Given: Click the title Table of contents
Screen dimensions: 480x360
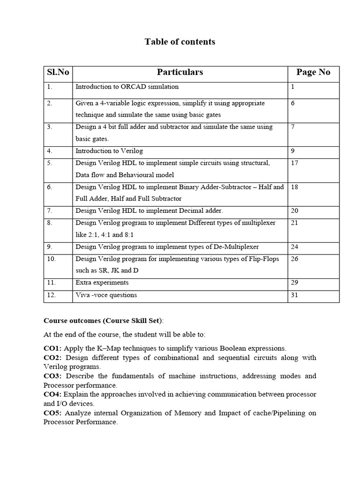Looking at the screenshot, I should click(x=180, y=42).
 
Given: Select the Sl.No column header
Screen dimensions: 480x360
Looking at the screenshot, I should click(x=58, y=72).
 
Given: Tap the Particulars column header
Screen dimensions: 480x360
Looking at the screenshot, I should click(x=180, y=72).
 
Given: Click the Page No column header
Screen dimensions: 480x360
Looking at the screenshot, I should click(x=313, y=72).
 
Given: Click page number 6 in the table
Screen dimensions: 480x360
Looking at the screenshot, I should click(x=293, y=103).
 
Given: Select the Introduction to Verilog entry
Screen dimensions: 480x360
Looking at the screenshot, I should click(x=109, y=151).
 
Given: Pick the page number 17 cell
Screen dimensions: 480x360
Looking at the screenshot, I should click(x=294, y=163).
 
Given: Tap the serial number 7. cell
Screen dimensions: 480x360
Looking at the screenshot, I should click(x=50, y=211).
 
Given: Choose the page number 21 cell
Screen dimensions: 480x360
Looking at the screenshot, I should click(x=294, y=223).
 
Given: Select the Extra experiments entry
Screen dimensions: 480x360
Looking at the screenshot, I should click(x=102, y=283).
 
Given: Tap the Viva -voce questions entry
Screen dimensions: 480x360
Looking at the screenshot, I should click(x=106, y=295).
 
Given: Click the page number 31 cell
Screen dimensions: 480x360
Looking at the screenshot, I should click(x=294, y=295).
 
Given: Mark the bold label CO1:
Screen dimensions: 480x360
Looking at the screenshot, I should click(x=52, y=348).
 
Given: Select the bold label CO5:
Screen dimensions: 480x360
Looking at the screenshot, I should click(x=53, y=413).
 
